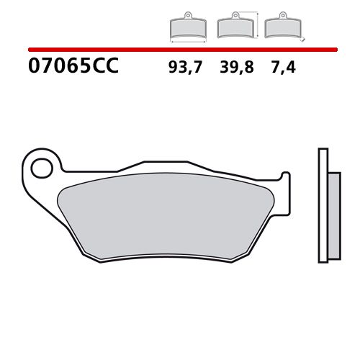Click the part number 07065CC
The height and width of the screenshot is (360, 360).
pos(72,68)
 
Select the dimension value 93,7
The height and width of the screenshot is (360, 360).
pos(185,69)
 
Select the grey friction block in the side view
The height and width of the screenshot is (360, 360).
pos(334,216)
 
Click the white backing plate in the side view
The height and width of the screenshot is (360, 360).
pos(323,205)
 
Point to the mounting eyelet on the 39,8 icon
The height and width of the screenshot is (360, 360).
pos(233,15)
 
